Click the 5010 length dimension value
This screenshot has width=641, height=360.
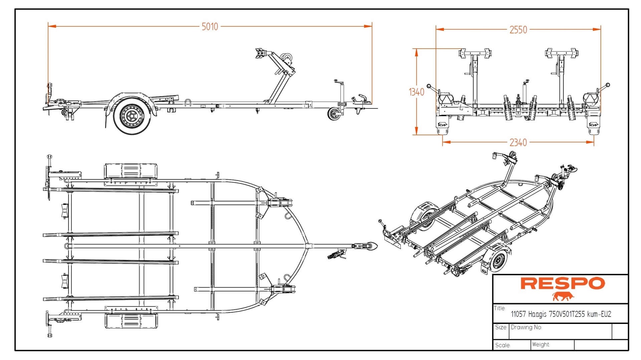click(210, 26)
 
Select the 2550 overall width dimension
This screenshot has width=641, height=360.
click(518, 30)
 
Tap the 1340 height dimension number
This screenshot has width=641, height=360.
click(416, 92)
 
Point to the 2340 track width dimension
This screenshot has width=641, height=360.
click(518, 142)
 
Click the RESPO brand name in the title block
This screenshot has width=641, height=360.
click(563, 284)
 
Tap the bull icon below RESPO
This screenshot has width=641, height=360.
click(563, 296)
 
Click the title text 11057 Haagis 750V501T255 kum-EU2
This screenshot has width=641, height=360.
click(561, 314)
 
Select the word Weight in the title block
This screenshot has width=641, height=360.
click(541, 344)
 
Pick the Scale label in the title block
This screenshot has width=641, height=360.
click(502, 345)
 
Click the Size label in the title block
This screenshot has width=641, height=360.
click(501, 327)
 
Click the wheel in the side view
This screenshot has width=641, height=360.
click(130, 115)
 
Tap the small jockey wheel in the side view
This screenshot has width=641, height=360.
click(333, 114)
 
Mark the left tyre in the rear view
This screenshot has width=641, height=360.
click(443, 128)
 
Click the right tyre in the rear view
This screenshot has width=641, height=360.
click(593, 128)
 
